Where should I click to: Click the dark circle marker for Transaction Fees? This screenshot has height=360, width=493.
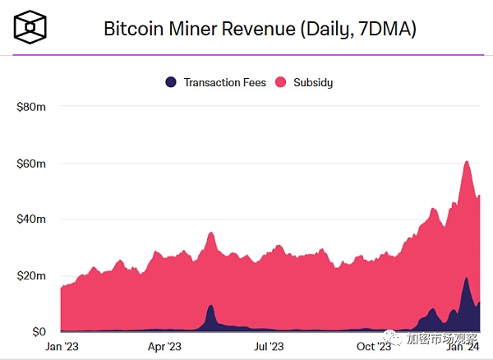171,82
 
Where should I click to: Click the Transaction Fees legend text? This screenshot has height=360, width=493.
224,82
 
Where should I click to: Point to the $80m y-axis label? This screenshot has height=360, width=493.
30,107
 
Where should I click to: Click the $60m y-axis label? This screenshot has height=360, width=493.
30,163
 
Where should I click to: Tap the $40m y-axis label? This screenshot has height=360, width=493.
30,219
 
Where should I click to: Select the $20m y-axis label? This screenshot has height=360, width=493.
30,275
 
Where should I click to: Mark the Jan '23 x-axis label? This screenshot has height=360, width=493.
61,347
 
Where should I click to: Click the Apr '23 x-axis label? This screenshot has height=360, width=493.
164,347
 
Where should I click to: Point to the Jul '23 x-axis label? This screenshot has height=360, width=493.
269,347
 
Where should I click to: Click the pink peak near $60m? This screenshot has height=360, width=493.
467,164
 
